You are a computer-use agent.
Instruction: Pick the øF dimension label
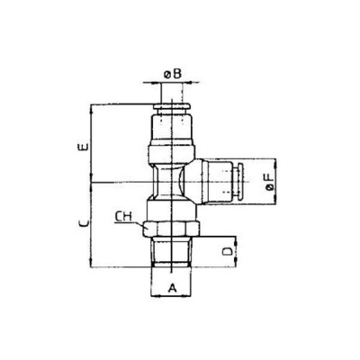point(268,184)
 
